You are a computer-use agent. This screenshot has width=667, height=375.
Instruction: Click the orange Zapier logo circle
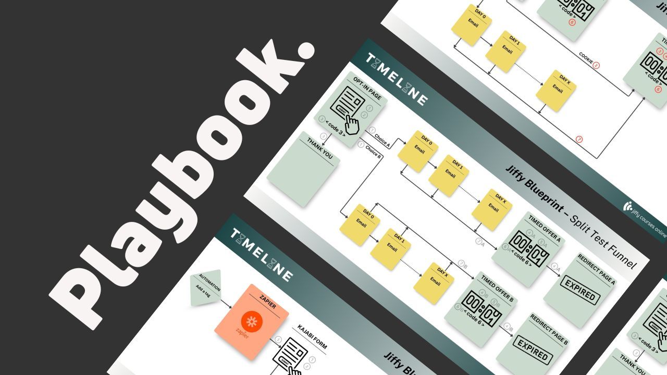tap(252, 321)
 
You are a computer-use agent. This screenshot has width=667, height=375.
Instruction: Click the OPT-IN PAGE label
tap(367, 90)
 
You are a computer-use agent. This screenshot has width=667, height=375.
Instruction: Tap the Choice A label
tap(382, 140)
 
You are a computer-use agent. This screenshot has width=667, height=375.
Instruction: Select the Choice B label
tap(373, 152)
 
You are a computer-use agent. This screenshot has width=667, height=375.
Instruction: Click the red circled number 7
tap(579, 139)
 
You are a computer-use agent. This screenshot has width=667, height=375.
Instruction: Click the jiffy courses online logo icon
tap(628, 206)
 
